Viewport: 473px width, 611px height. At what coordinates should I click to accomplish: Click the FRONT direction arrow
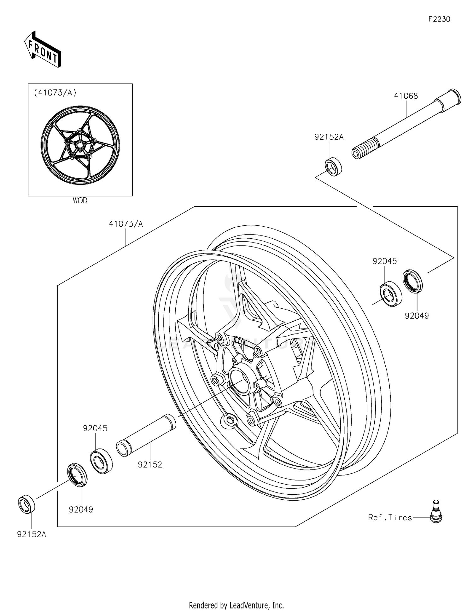pyautogui.click(x=43, y=50)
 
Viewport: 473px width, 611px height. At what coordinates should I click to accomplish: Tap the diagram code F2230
pyautogui.click(x=439, y=19)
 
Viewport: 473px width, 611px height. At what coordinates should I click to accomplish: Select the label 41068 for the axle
pyautogui.click(x=406, y=96)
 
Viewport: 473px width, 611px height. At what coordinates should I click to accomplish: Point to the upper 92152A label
pyautogui.click(x=329, y=137)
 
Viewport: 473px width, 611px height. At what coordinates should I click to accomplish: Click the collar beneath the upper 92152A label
pyautogui.click(x=333, y=167)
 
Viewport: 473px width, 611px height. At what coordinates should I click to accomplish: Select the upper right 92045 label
pyautogui.click(x=384, y=261)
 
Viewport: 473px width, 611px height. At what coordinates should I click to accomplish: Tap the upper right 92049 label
pyautogui.click(x=417, y=316)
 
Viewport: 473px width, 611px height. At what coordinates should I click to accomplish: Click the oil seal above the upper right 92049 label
pyautogui.click(x=413, y=281)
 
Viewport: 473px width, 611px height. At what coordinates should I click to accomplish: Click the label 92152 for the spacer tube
pyautogui.click(x=150, y=464)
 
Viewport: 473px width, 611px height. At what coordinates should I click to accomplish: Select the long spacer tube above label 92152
pyautogui.click(x=146, y=435)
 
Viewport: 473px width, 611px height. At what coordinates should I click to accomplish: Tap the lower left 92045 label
pyautogui.click(x=95, y=428)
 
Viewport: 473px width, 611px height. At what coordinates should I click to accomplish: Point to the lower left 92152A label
pyautogui.click(x=32, y=534)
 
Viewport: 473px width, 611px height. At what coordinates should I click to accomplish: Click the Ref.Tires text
pyautogui.click(x=390, y=517)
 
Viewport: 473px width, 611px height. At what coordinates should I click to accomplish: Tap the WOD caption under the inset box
pyautogui.click(x=80, y=201)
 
